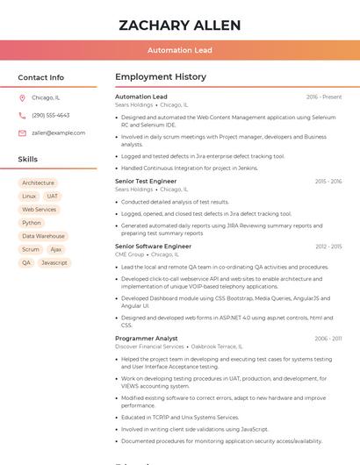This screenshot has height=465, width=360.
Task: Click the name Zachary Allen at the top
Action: [179, 24]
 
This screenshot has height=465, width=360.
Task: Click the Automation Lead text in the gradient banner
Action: [179, 50]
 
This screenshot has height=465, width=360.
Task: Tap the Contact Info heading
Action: [41, 77]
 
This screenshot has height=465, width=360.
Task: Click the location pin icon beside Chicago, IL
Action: [22, 97]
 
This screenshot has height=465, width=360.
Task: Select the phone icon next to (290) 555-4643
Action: [22, 115]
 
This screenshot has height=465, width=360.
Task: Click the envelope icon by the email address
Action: [22, 132]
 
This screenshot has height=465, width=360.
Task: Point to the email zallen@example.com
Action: [58, 132]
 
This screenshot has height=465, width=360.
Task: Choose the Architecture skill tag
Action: [38, 183]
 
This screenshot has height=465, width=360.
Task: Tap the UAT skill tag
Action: [53, 197]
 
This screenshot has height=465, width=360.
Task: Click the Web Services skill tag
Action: [39, 210]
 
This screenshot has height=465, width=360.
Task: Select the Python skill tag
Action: [32, 223]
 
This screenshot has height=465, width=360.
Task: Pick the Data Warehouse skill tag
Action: [43, 236]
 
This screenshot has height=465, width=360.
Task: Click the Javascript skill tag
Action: [54, 262]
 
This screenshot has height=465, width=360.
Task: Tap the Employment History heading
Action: [160, 77]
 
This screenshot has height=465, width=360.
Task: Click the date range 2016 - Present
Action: [324, 97]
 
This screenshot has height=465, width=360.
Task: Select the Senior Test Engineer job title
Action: [146, 181]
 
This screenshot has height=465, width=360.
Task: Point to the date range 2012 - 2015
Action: [328, 247]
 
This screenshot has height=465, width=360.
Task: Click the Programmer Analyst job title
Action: [146, 338]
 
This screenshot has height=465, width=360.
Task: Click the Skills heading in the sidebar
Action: [28, 160]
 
